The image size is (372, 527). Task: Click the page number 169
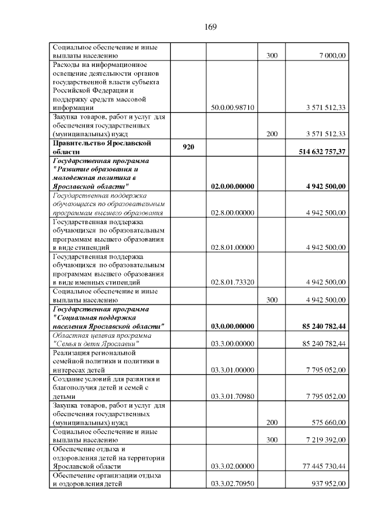click(x=210, y=27)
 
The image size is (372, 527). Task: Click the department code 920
click(x=188, y=147)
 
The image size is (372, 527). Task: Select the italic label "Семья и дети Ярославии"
click(x=96, y=344)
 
